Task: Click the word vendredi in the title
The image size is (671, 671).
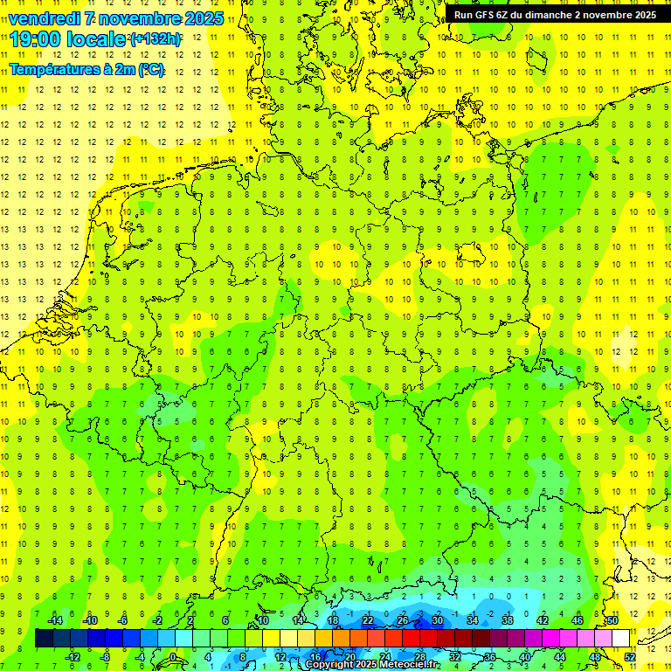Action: [43, 18]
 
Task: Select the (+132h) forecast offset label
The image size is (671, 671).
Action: [156, 39]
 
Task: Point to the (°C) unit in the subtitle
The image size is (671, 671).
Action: [150, 70]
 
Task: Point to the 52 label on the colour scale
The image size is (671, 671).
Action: [629, 657]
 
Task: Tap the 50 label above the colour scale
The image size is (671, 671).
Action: [612, 620]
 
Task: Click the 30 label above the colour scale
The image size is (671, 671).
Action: [437, 620]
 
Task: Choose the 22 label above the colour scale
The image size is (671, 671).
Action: [368, 620]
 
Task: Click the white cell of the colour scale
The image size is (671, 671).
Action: [620, 639]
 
